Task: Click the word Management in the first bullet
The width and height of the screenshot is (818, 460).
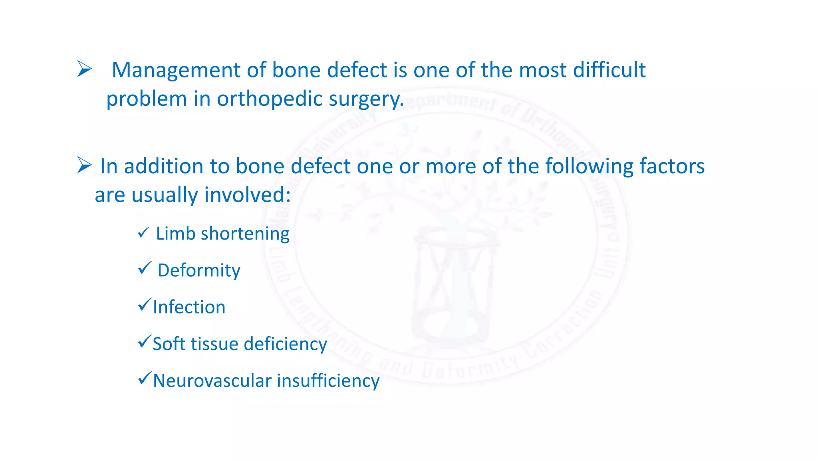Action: point(176,71)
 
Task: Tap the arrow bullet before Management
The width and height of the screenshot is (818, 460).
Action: point(84,69)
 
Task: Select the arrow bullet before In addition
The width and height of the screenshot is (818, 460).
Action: point(84,165)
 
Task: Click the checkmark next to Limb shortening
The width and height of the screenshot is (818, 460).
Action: point(143,232)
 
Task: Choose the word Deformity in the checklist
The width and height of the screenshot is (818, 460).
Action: point(199,271)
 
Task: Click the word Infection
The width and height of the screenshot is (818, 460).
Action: point(189,307)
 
